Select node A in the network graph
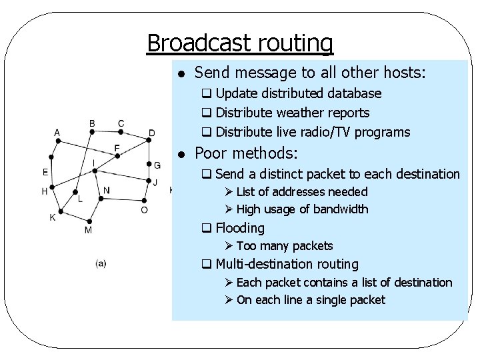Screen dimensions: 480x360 pyautogui.click(x=57, y=140)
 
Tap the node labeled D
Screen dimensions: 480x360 pyautogui.click(x=147, y=140)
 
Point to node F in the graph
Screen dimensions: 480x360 pyautogui.click(x=118, y=156)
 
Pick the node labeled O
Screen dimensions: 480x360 pyautogui.click(x=145, y=200)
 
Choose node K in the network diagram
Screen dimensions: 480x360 pyautogui.click(x=61, y=212)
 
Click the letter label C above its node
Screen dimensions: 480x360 pyautogui.click(x=121, y=123)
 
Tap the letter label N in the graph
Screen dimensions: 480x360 pyautogui.click(x=107, y=191)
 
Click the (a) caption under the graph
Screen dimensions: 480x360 pyautogui.click(x=101, y=263)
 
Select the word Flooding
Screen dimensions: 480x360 pyautogui.click(x=240, y=228)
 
